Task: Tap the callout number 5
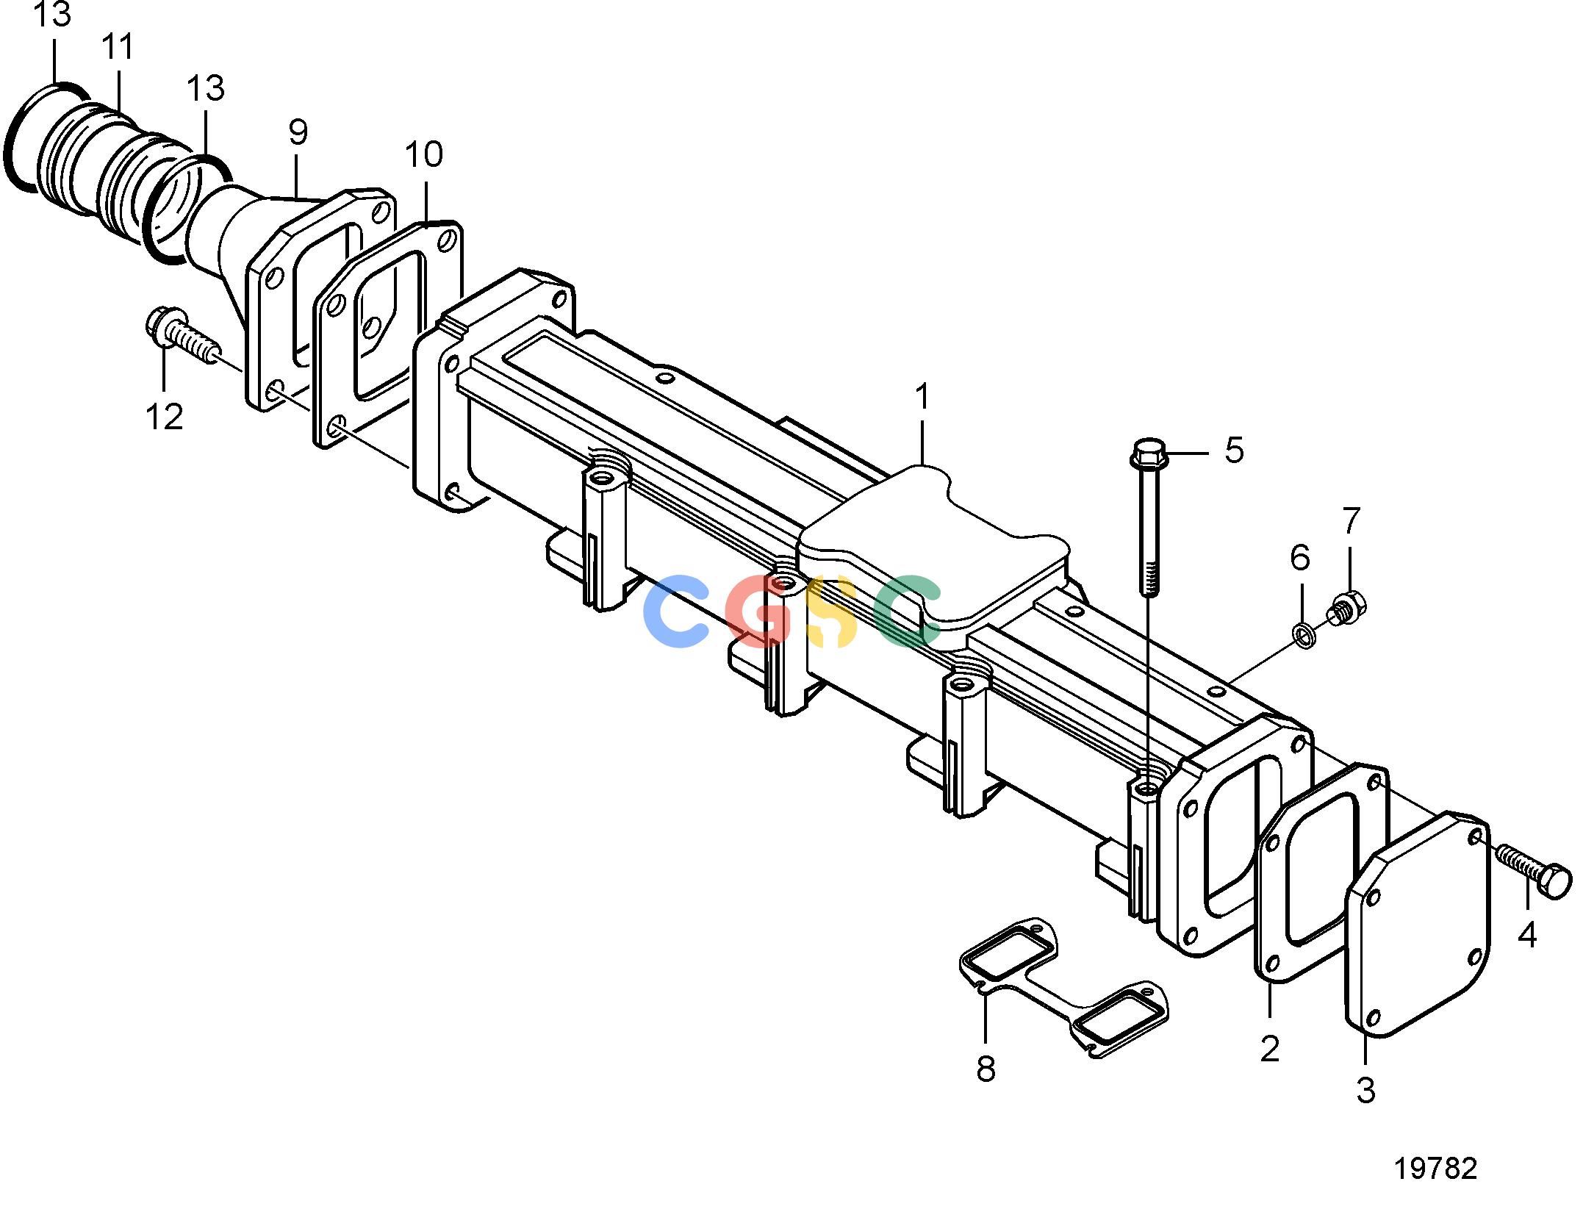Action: pyautogui.click(x=1235, y=450)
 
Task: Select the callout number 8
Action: pyautogui.click(x=986, y=1069)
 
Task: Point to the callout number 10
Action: pyautogui.click(x=424, y=154)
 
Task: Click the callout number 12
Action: pyautogui.click(x=165, y=417)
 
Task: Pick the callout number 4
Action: pyautogui.click(x=1527, y=935)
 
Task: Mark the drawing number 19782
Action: pyautogui.click(x=1435, y=1168)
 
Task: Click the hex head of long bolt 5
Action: pyautogui.click(x=1149, y=456)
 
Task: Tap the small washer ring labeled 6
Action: pyautogui.click(x=1304, y=636)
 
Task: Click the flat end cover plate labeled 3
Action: pyautogui.click(x=1418, y=924)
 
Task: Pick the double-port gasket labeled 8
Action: pyautogui.click(x=1063, y=987)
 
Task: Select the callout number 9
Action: pyautogui.click(x=298, y=132)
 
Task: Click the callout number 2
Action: pyautogui.click(x=1270, y=1049)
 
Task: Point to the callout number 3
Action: pyautogui.click(x=1365, y=1090)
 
